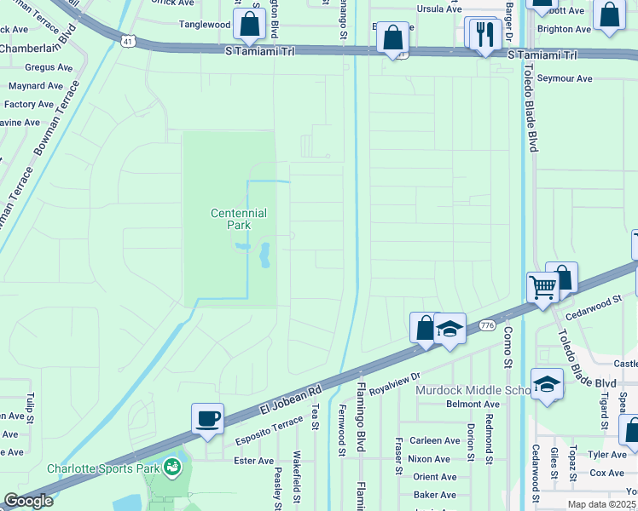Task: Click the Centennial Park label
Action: (239, 219)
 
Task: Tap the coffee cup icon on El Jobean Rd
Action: (207, 418)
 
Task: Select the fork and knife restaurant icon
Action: (484, 34)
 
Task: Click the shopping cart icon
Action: (543, 288)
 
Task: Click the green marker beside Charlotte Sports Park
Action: (173, 467)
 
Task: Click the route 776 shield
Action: (487, 325)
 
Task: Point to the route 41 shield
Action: (127, 40)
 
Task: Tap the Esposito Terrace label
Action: (270, 433)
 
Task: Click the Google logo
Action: (27, 501)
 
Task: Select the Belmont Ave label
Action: (473, 405)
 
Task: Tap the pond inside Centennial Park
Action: (264, 254)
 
